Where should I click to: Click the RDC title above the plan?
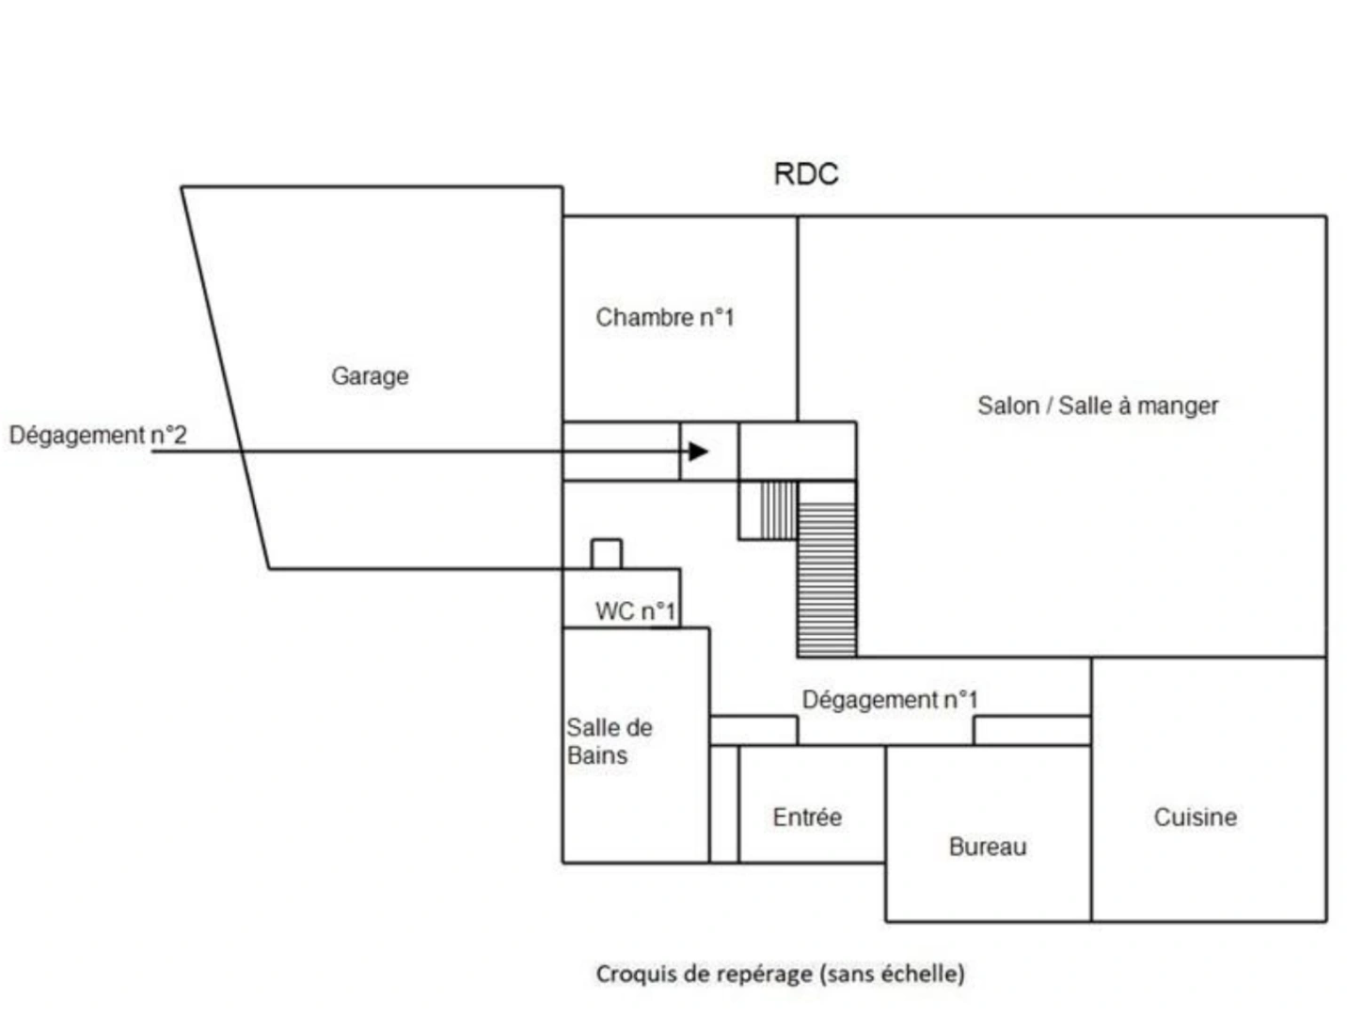(x=805, y=174)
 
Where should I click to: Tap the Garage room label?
(x=370, y=375)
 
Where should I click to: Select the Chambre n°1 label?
(x=664, y=317)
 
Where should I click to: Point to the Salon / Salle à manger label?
(x=1097, y=405)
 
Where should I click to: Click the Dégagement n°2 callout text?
(x=98, y=435)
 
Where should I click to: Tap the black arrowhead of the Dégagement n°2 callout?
(x=698, y=451)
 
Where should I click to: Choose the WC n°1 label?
(x=635, y=611)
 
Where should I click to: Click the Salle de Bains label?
(x=609, y=740)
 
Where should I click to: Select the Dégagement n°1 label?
(x=889, y=699)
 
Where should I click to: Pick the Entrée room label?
(x=806, y=817)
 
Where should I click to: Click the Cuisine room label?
(x=1195, y=817)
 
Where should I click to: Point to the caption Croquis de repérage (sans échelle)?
(x=780, y=974)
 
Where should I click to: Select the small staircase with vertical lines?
(x=778, y=510)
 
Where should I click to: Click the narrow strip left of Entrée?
(x=723, y=803)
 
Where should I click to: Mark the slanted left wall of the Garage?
(x=225, y=377)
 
